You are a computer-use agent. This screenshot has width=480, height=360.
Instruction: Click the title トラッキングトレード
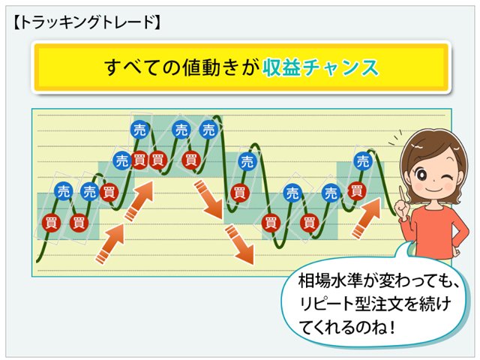click(x=86, y=22)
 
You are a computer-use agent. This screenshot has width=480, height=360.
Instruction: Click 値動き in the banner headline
click(x=207, y=67)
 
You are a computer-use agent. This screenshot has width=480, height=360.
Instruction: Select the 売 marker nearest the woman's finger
click(x=363, y=160)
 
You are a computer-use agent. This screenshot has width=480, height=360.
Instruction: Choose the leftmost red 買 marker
click(x=50, y=222)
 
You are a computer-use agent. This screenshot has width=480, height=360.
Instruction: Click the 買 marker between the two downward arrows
click(x=239, y=192)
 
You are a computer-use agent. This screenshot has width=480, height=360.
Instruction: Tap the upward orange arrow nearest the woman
click(x=367, y=217)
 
